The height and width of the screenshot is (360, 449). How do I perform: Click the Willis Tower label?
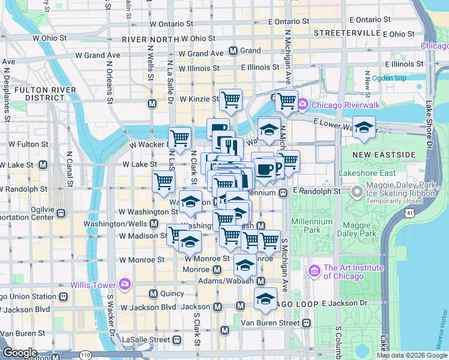94,284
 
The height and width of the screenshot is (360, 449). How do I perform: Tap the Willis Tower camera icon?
125,284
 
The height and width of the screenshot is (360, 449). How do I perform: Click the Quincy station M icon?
152,294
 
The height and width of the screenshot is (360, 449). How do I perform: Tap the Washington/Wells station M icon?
154,224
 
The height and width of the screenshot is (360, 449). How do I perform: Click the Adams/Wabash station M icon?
261,281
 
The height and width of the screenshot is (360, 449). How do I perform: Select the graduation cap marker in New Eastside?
363,127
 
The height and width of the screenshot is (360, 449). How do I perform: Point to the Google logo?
20,353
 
